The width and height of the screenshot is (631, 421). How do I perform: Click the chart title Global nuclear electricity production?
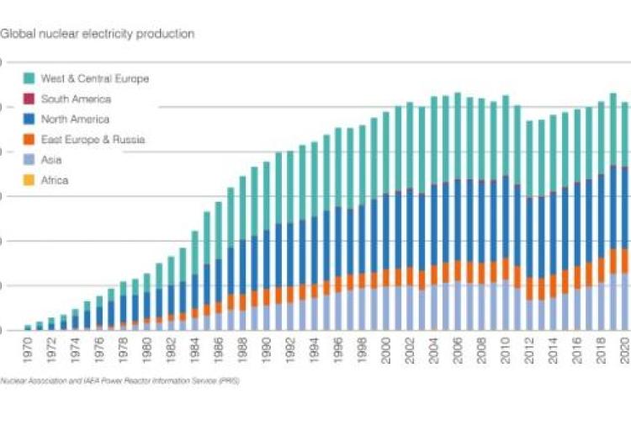(x=98, y=35)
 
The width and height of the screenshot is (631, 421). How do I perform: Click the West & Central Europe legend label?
(x=94, y=78)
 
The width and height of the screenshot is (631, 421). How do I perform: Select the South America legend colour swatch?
(x=29, y=99)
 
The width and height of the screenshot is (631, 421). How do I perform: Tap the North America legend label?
(x=76, y=119)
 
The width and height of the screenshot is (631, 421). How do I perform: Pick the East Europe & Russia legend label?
(x=93, y=139)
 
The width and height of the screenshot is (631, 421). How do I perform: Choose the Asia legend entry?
(x=51, y=159)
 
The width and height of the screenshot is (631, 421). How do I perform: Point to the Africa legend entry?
(x=55, y=179)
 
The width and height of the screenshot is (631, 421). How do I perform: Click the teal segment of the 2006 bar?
(x=458, y=136)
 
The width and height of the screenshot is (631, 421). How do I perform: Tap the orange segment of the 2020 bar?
(x=624, y=260)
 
